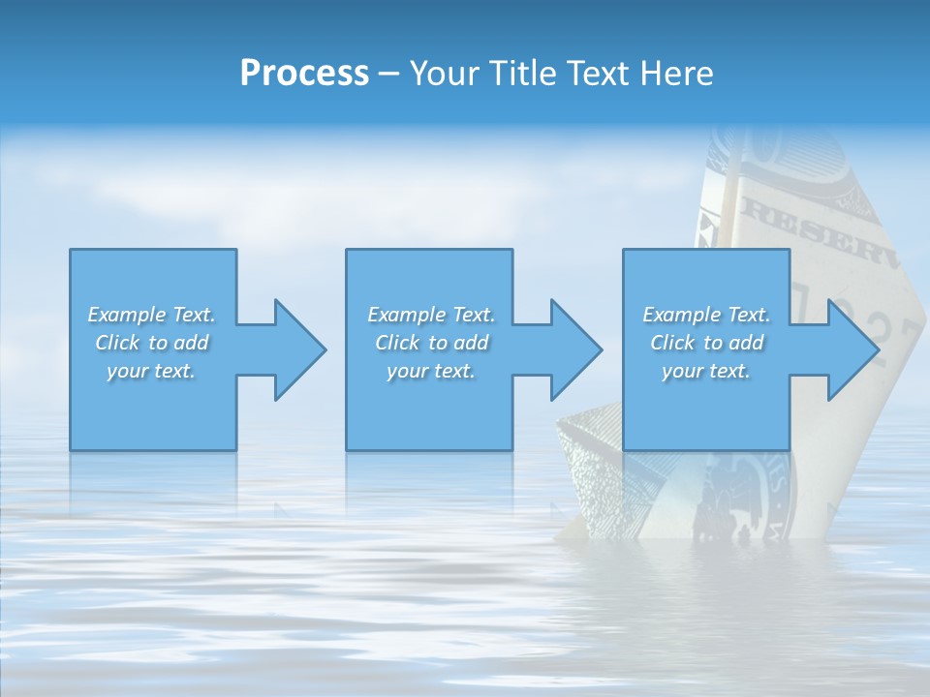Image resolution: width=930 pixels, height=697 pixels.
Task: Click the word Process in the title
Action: click(304, 73)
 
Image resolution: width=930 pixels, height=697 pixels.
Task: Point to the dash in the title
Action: click(387, 74)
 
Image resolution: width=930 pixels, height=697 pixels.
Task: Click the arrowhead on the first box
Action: click(300, 349)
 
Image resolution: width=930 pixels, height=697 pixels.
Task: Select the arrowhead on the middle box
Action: click(576, 349)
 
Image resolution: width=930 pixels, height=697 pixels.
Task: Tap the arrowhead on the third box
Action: click(852, 349)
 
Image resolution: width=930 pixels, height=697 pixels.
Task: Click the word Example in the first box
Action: click(126, 315)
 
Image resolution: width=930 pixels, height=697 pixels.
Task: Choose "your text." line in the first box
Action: click(151, 371)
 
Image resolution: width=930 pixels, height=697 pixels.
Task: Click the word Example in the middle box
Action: click(406, 315)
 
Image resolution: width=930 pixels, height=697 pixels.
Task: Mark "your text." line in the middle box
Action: click(431, 371)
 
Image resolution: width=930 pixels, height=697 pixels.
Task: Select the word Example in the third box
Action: click(681, 315)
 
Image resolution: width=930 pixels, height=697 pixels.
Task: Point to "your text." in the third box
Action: click(706, 371)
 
